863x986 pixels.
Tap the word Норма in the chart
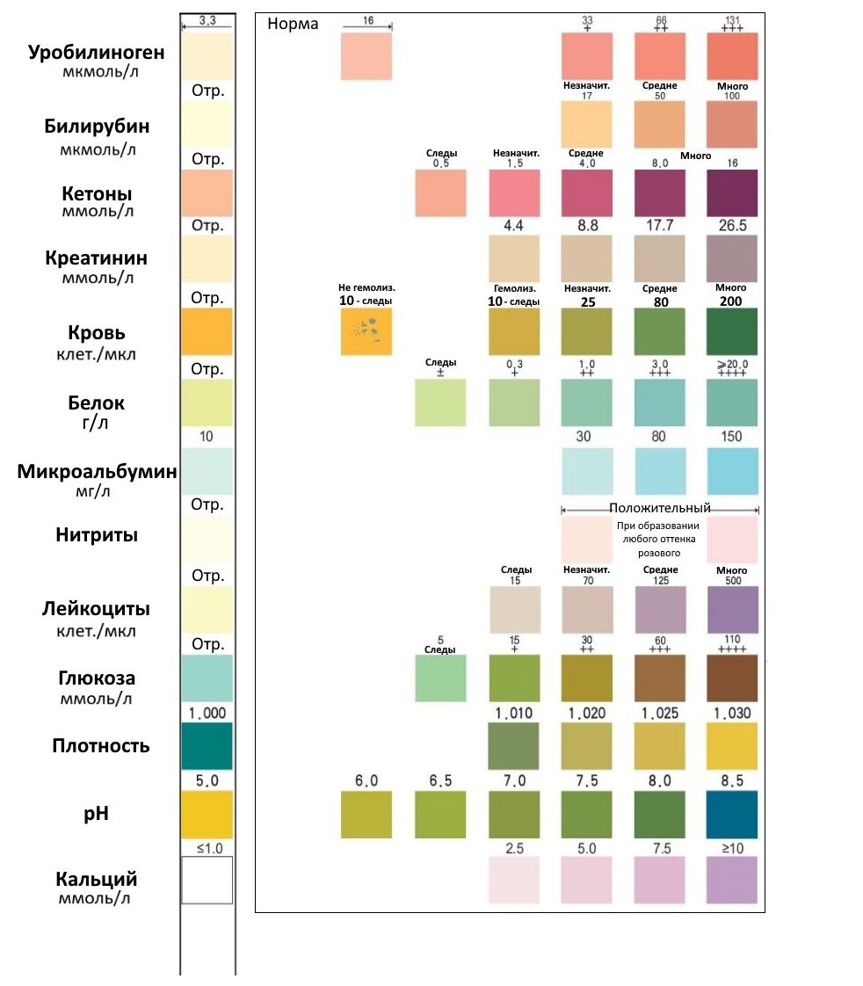pyautogui.click(x=293, y=24)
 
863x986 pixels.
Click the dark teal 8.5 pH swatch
pyautogui.click(x=731, y=814)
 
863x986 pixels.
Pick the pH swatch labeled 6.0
pyautogui.click(x=366, y=814)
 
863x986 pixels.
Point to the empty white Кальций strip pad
pyautogui.click(x=207, y=880)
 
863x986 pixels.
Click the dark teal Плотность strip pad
pyautogui.click(x=207, y=746)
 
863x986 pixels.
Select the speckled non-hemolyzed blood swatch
pyautogui.click(x=366, y=331)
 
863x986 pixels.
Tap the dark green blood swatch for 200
pyautogui.click(x=731, y=331)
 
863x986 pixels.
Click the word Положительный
pyautogui.click(x=659, y=508)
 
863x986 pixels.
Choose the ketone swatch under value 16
pyautogui.click(x=731, y=192)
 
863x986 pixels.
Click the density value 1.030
pyautogui.click(x=731, y=713)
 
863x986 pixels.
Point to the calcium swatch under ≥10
pyautogui.click(x=731, y=880)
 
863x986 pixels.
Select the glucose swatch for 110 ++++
pyautogui.click(x=731, y=678)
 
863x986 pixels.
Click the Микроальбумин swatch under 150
pyautogui.click(x=731, y=471)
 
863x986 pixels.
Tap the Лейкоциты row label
pyautogui.click(x=97, y=609)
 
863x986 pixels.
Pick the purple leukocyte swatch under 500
pyautogui.click(x=731, y=609)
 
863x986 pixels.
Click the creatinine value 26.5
pyautogui.click(x=731, y=226)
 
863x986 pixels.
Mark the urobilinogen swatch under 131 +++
pyautogui.click(x=731, y=56)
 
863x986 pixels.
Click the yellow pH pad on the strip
pyautogui.click(x=207, y=814)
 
